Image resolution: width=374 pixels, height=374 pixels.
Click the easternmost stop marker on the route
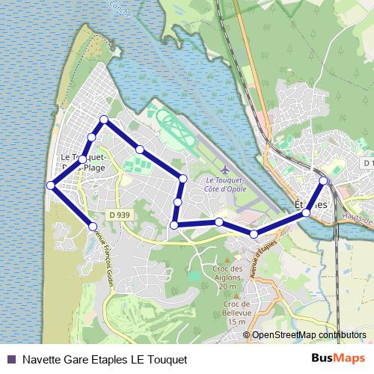[323, 180]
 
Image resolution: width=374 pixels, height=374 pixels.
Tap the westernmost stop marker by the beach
[50, 185]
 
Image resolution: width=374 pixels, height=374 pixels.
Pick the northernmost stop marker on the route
[104, 120]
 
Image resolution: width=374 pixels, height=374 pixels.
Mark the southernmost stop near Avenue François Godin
[93, 225]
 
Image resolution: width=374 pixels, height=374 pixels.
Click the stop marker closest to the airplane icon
[183, 178]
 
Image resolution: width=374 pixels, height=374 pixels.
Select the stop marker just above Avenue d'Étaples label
[254, 234]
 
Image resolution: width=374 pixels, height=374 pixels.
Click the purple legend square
[10, 359]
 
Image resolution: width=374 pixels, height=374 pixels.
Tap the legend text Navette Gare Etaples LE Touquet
[105, 360]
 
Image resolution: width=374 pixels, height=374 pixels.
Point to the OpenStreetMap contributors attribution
[309, 335]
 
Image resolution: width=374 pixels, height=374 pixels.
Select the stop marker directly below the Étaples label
[306, 213]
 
